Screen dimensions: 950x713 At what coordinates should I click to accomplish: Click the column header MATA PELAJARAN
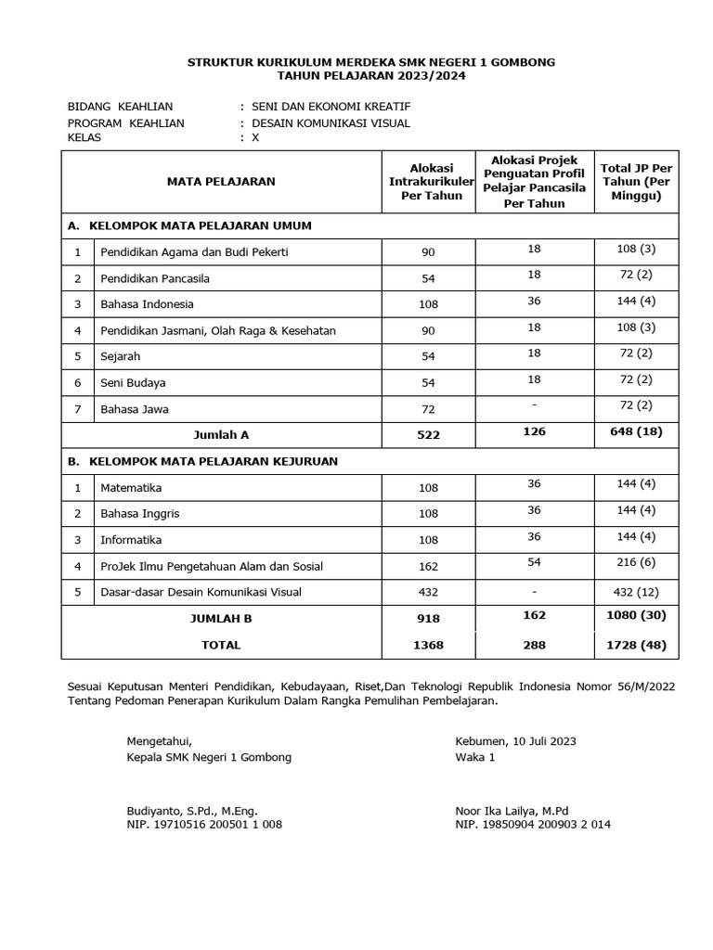(221, 181)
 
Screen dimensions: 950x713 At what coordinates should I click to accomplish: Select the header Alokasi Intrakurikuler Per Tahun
(425, 181)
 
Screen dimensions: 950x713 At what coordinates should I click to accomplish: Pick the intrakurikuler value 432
(425, 592)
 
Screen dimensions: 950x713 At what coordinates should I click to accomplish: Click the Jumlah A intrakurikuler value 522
(425, 434)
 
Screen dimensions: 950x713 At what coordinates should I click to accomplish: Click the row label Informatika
(131, 540)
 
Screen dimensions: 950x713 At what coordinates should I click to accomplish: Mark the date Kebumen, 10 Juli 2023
(515, 740)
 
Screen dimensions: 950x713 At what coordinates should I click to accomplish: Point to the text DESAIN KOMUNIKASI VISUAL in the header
(330, 122)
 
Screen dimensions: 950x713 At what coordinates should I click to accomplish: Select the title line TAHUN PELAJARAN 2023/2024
(371, 76)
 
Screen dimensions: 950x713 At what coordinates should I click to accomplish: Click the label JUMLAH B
(221, 618)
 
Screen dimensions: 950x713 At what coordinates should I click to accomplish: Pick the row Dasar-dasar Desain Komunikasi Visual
(201, 592)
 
